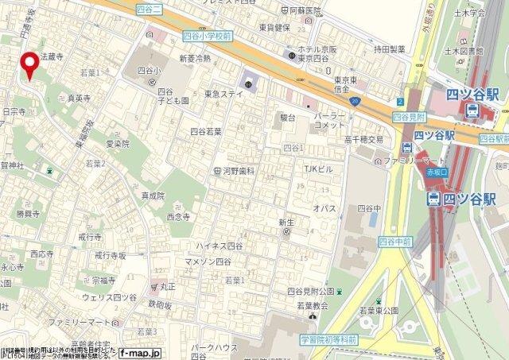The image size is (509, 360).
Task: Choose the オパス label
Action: tap(324, 207)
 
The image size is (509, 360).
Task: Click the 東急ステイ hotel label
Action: tap(223, 93)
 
